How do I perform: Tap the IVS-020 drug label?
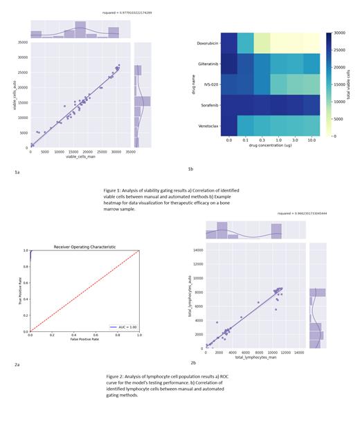point(204,84)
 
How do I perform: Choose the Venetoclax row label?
point(202,125)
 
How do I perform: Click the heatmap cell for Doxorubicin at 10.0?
point(310,43)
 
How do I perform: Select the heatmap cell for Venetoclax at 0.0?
point(229,125)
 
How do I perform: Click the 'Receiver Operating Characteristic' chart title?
point(85,247)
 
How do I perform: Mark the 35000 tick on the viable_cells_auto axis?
point(21,43)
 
